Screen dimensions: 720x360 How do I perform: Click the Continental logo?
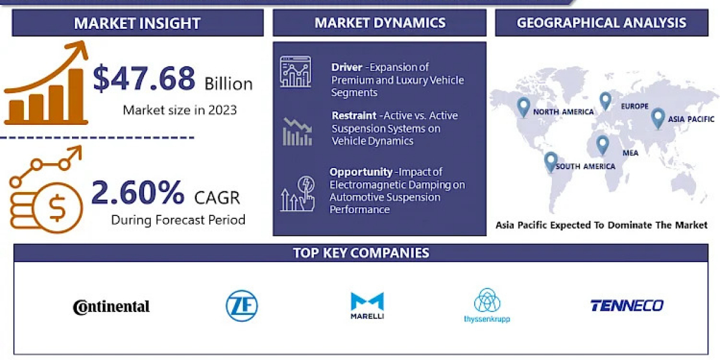coord(111,307)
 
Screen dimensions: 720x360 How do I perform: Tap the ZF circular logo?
coord(242,305)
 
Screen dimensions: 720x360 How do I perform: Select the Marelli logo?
coord(367,305)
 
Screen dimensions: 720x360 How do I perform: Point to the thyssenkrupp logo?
coord(487,305)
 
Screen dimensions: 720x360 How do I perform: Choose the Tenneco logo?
coord(627,305)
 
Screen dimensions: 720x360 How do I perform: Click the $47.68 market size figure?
coord(144,78)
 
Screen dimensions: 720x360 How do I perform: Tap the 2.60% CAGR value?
coord(138,193)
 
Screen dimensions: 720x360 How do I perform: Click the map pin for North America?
coord(523,107)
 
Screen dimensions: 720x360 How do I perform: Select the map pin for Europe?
coord(605,101)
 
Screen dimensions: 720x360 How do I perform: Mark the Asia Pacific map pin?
coord(658,119)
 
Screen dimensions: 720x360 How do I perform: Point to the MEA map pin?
coord(602,145)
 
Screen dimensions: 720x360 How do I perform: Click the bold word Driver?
coord(347,67)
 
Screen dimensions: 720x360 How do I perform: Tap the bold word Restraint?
coord(354,115)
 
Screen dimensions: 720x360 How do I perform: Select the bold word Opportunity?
coord(361,172)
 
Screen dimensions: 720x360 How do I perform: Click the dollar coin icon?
coord(58,208)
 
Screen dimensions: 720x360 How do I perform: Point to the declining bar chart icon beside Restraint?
coord(298,132)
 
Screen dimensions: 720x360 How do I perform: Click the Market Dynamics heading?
coord(380,23)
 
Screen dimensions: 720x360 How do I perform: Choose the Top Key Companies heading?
coord(361,253)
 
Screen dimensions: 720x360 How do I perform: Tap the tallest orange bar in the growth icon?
coord(76,95)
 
